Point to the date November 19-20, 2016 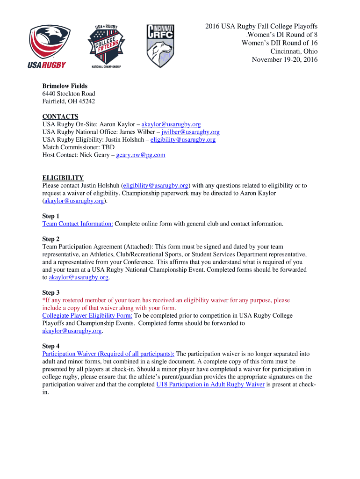284,59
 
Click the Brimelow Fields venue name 65,86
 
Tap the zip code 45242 86,101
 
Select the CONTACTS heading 60,116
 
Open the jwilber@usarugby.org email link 190,132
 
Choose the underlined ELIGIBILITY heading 63,178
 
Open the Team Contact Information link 78,224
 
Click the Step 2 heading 51,239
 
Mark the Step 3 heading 51,292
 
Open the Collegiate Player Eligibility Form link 87,315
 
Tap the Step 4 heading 51,346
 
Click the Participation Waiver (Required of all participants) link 108,354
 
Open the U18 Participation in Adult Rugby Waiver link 210,384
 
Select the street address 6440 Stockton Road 69,94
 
